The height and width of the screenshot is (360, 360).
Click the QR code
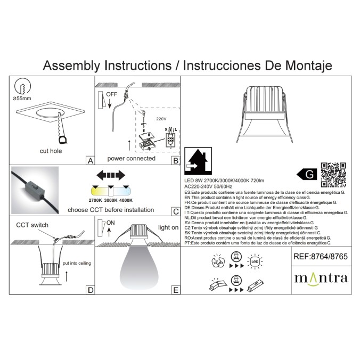(334, 175)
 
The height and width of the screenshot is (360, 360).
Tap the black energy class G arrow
(307, 174)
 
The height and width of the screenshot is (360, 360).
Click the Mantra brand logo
(321, 277)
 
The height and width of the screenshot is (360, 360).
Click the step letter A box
(89, 159)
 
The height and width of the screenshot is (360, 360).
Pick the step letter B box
(175, 159)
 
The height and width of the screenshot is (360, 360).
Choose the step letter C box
(175, 211)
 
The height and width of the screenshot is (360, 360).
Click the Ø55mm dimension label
(22, 99)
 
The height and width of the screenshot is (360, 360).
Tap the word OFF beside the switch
(111, 94)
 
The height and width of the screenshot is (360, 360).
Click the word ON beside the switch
(111, 223)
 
